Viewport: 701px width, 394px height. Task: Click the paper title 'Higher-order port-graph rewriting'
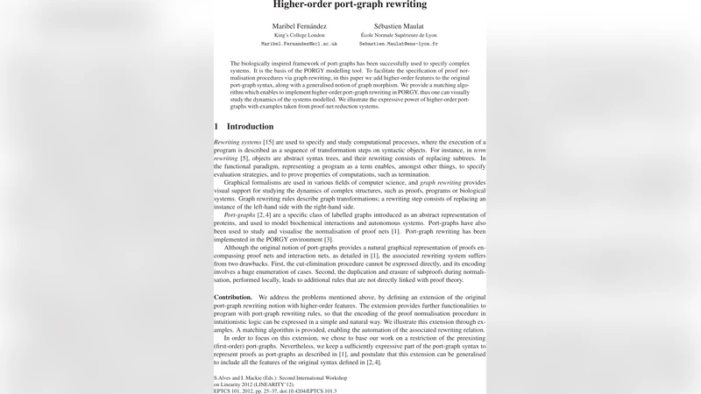click(x=350, y=4)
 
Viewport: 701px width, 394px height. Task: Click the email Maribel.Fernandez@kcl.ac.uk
click(x=299, y=43)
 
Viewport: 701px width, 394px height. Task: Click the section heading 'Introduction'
click(x=250, y=126)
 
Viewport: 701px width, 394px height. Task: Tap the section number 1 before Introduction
click(x=216, y=126)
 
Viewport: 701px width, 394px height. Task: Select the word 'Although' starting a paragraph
click(x=240, y=248)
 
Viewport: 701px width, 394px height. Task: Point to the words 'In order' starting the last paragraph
click(x=237, y=338)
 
